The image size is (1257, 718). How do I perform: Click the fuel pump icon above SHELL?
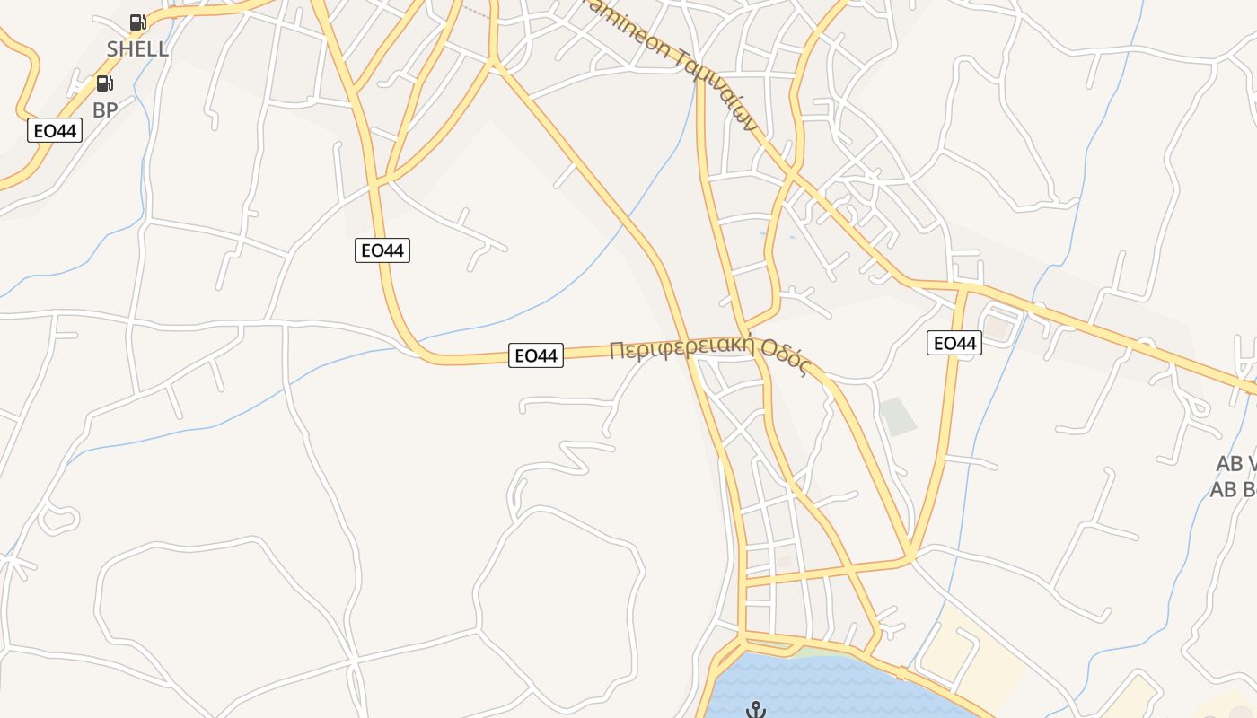click(137, 22)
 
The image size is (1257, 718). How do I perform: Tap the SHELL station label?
click(137, 48)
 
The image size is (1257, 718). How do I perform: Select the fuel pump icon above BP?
click(105, 84)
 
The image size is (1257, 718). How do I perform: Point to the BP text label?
click(105, 110)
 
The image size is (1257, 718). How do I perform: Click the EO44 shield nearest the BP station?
click(55, 131)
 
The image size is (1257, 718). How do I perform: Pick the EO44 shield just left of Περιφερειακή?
click(536, 355)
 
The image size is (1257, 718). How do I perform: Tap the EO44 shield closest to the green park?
click(954, 342)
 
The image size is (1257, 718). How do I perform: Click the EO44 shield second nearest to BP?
click(382, 250)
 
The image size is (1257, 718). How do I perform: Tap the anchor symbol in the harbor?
click(757, 710)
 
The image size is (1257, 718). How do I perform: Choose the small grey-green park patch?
click(898, 416)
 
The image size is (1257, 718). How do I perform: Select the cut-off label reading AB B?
click(1233, 489)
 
